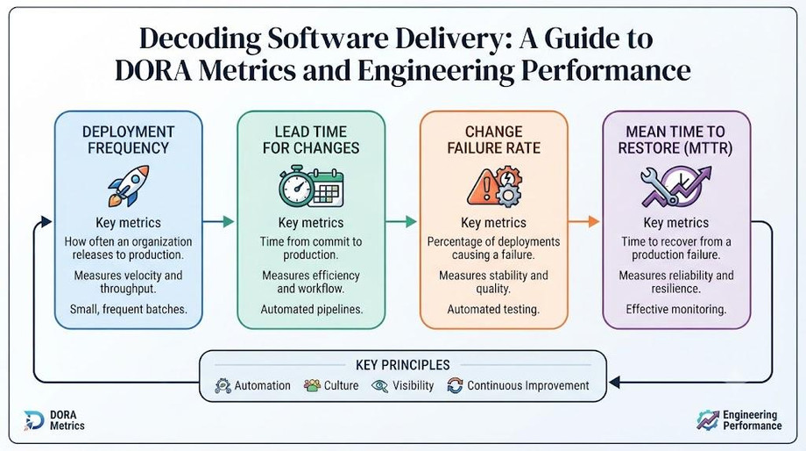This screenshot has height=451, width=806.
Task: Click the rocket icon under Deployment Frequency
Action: click(x=129, y=185)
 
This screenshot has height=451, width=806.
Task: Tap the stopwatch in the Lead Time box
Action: click(x=296, y=186)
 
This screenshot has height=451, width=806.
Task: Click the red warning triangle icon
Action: click(x=482, y=188)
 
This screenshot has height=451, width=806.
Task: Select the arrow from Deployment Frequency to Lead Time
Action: click(x=218, y=221)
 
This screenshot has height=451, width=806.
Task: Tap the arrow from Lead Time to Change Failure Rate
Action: click(x=401, y=221)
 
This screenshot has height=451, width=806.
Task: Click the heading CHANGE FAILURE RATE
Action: click(x=494, y=140)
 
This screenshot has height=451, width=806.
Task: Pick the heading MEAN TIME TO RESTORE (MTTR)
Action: click(x=675, y=140)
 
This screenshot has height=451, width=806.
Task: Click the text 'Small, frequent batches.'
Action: click(x=129, y=310)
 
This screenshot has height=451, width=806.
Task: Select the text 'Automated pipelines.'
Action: click(x=312, y=310)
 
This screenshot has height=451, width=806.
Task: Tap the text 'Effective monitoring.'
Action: click(x=676, y=310)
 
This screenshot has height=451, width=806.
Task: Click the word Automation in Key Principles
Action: click(x=262, y=385)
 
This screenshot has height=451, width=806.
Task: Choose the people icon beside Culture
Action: click(x=312, y=385)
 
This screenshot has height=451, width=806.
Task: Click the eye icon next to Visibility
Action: click(x=380, y=386)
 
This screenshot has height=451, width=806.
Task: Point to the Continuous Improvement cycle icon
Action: click(x=455, y=385)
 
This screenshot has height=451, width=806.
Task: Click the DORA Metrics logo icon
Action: click(x=34, y=420)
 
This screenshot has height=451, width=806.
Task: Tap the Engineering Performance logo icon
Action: click(x=708, y=420)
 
